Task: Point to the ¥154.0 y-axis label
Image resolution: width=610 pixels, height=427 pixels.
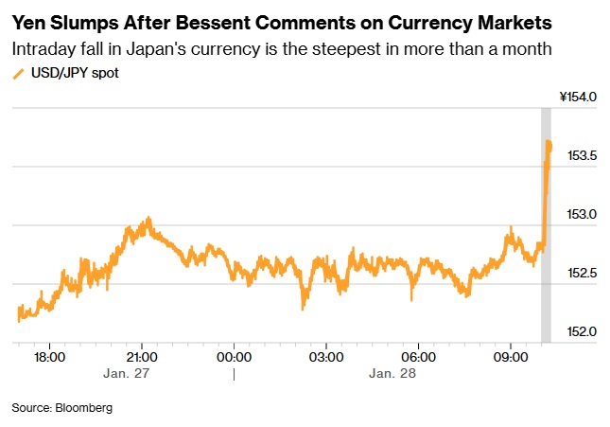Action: point(578,97)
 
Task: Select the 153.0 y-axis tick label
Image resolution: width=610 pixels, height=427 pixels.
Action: point(582,214)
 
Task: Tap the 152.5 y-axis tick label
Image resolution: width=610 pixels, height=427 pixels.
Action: point(582,273)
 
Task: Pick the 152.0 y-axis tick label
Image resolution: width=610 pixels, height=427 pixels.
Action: point(582,331)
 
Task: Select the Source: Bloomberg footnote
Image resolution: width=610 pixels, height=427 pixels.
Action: point(61,407)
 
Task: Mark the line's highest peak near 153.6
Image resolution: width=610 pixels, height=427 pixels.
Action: point(549,142)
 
